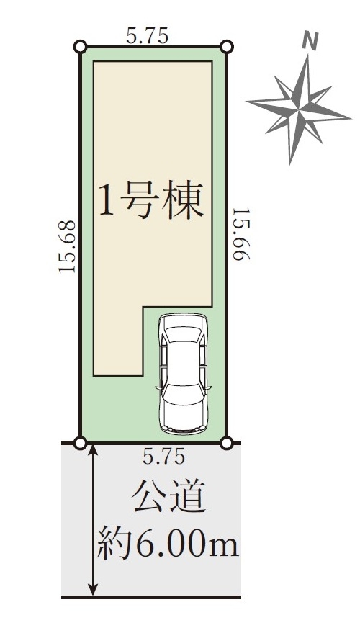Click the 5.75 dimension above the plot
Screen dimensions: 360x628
tap(147, 37)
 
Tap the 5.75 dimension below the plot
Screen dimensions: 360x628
tap(163, 456)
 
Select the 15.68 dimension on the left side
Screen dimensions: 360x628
tap(67, 247)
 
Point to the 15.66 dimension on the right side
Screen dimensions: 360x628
tap(241, 234)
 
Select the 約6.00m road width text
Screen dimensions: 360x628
tap(168, 543)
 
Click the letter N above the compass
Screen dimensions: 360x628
tap(310, 42)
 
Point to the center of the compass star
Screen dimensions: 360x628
tap(299, 108)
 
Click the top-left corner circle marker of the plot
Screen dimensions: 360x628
tap(80, 47)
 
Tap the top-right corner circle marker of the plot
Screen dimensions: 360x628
tap(227, 47)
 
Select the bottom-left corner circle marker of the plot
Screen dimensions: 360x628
tap(80, 443)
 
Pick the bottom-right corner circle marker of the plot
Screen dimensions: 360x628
tap(227, 443)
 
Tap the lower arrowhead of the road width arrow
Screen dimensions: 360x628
tap(93, 590)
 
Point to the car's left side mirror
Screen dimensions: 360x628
tap(158, 387)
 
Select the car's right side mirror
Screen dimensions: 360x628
tap(208, 387)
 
